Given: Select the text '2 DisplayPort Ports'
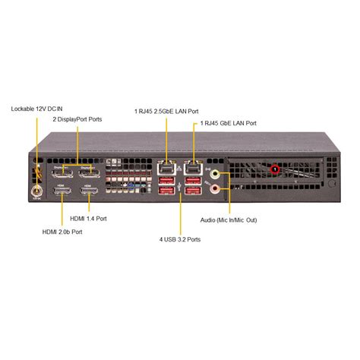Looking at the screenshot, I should tap(77, 119).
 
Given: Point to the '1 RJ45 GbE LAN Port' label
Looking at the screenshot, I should tap(228, 123).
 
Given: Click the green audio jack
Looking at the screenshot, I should tap(216, 174).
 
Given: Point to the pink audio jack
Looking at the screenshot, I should tap(216, 188).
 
